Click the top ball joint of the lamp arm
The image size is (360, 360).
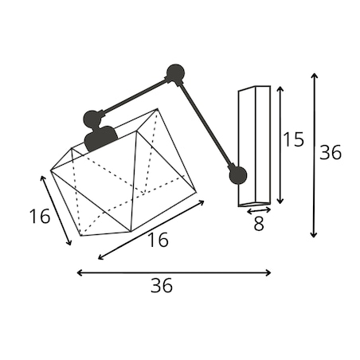[175, 72]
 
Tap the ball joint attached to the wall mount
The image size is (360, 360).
[238, 175]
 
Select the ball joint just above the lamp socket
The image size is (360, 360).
[92, 119]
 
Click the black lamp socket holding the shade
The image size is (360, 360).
[100, 138]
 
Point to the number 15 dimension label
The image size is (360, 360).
[293, 139]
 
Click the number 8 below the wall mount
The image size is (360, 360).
[259, 224]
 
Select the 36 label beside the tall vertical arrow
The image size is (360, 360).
[331, 152]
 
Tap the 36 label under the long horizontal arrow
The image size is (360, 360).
[162, 285]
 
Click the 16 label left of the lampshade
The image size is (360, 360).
[39, 216]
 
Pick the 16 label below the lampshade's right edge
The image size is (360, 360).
[158, 240]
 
